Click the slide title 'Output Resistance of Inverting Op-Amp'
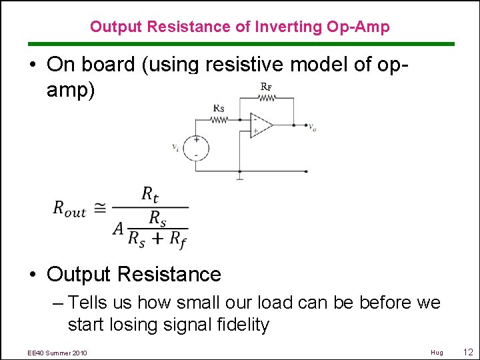(240, 27)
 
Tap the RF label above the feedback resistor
(265, 86)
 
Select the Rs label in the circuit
(219, 107)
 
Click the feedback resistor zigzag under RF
(266, 97)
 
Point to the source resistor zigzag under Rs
(219, 120)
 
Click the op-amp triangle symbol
(260, 125)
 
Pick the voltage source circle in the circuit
(195, 148)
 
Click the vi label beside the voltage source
(175, 147)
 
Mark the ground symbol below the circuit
(239, 177)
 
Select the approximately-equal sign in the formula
(99, 208)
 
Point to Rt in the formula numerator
(149, 194)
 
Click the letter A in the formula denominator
(119, 229)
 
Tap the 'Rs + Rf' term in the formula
(157, 239)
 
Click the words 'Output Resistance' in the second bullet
(134, 274)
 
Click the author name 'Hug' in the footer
(437, 352)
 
